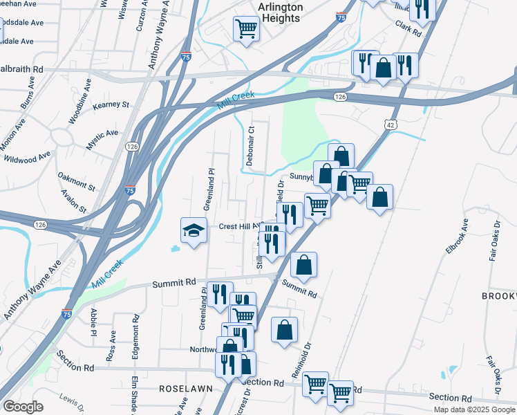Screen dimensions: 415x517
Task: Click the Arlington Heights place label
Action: (x=281, y=12)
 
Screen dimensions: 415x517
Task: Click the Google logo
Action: (x=23, y=407)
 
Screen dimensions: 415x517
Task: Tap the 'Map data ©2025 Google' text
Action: (x=473, y=409)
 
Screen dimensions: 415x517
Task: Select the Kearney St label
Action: (x=111, y=104)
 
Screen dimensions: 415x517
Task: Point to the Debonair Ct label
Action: (x=252, y=145)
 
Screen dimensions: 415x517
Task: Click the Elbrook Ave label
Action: (x=458, y=237)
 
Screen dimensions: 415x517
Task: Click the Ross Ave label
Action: (x=111, y=344)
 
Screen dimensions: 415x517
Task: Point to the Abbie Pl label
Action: (x=93, y=323)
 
